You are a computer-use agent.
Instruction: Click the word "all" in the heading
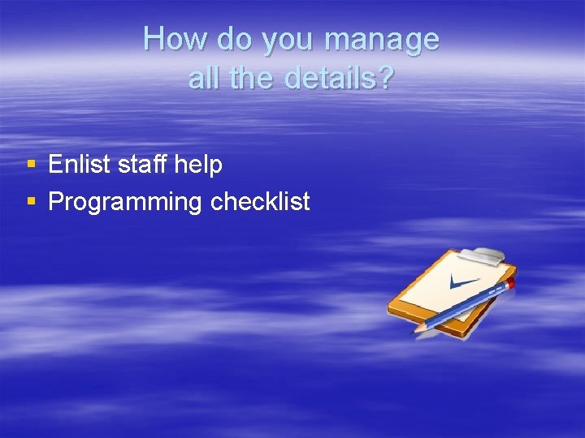(x=202, y=78)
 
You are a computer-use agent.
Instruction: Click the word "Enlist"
(x=80, y=165)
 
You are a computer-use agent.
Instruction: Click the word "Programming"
(x=125, y=201)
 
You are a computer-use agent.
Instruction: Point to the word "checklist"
(x=260, y=201)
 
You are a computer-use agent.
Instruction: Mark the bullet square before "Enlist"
(x=31, y=165)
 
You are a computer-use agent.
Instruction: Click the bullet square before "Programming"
(x=31, y=200)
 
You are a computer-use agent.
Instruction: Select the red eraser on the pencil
(x=511, y=282)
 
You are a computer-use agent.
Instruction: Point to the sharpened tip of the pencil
(x=417, y=330)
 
